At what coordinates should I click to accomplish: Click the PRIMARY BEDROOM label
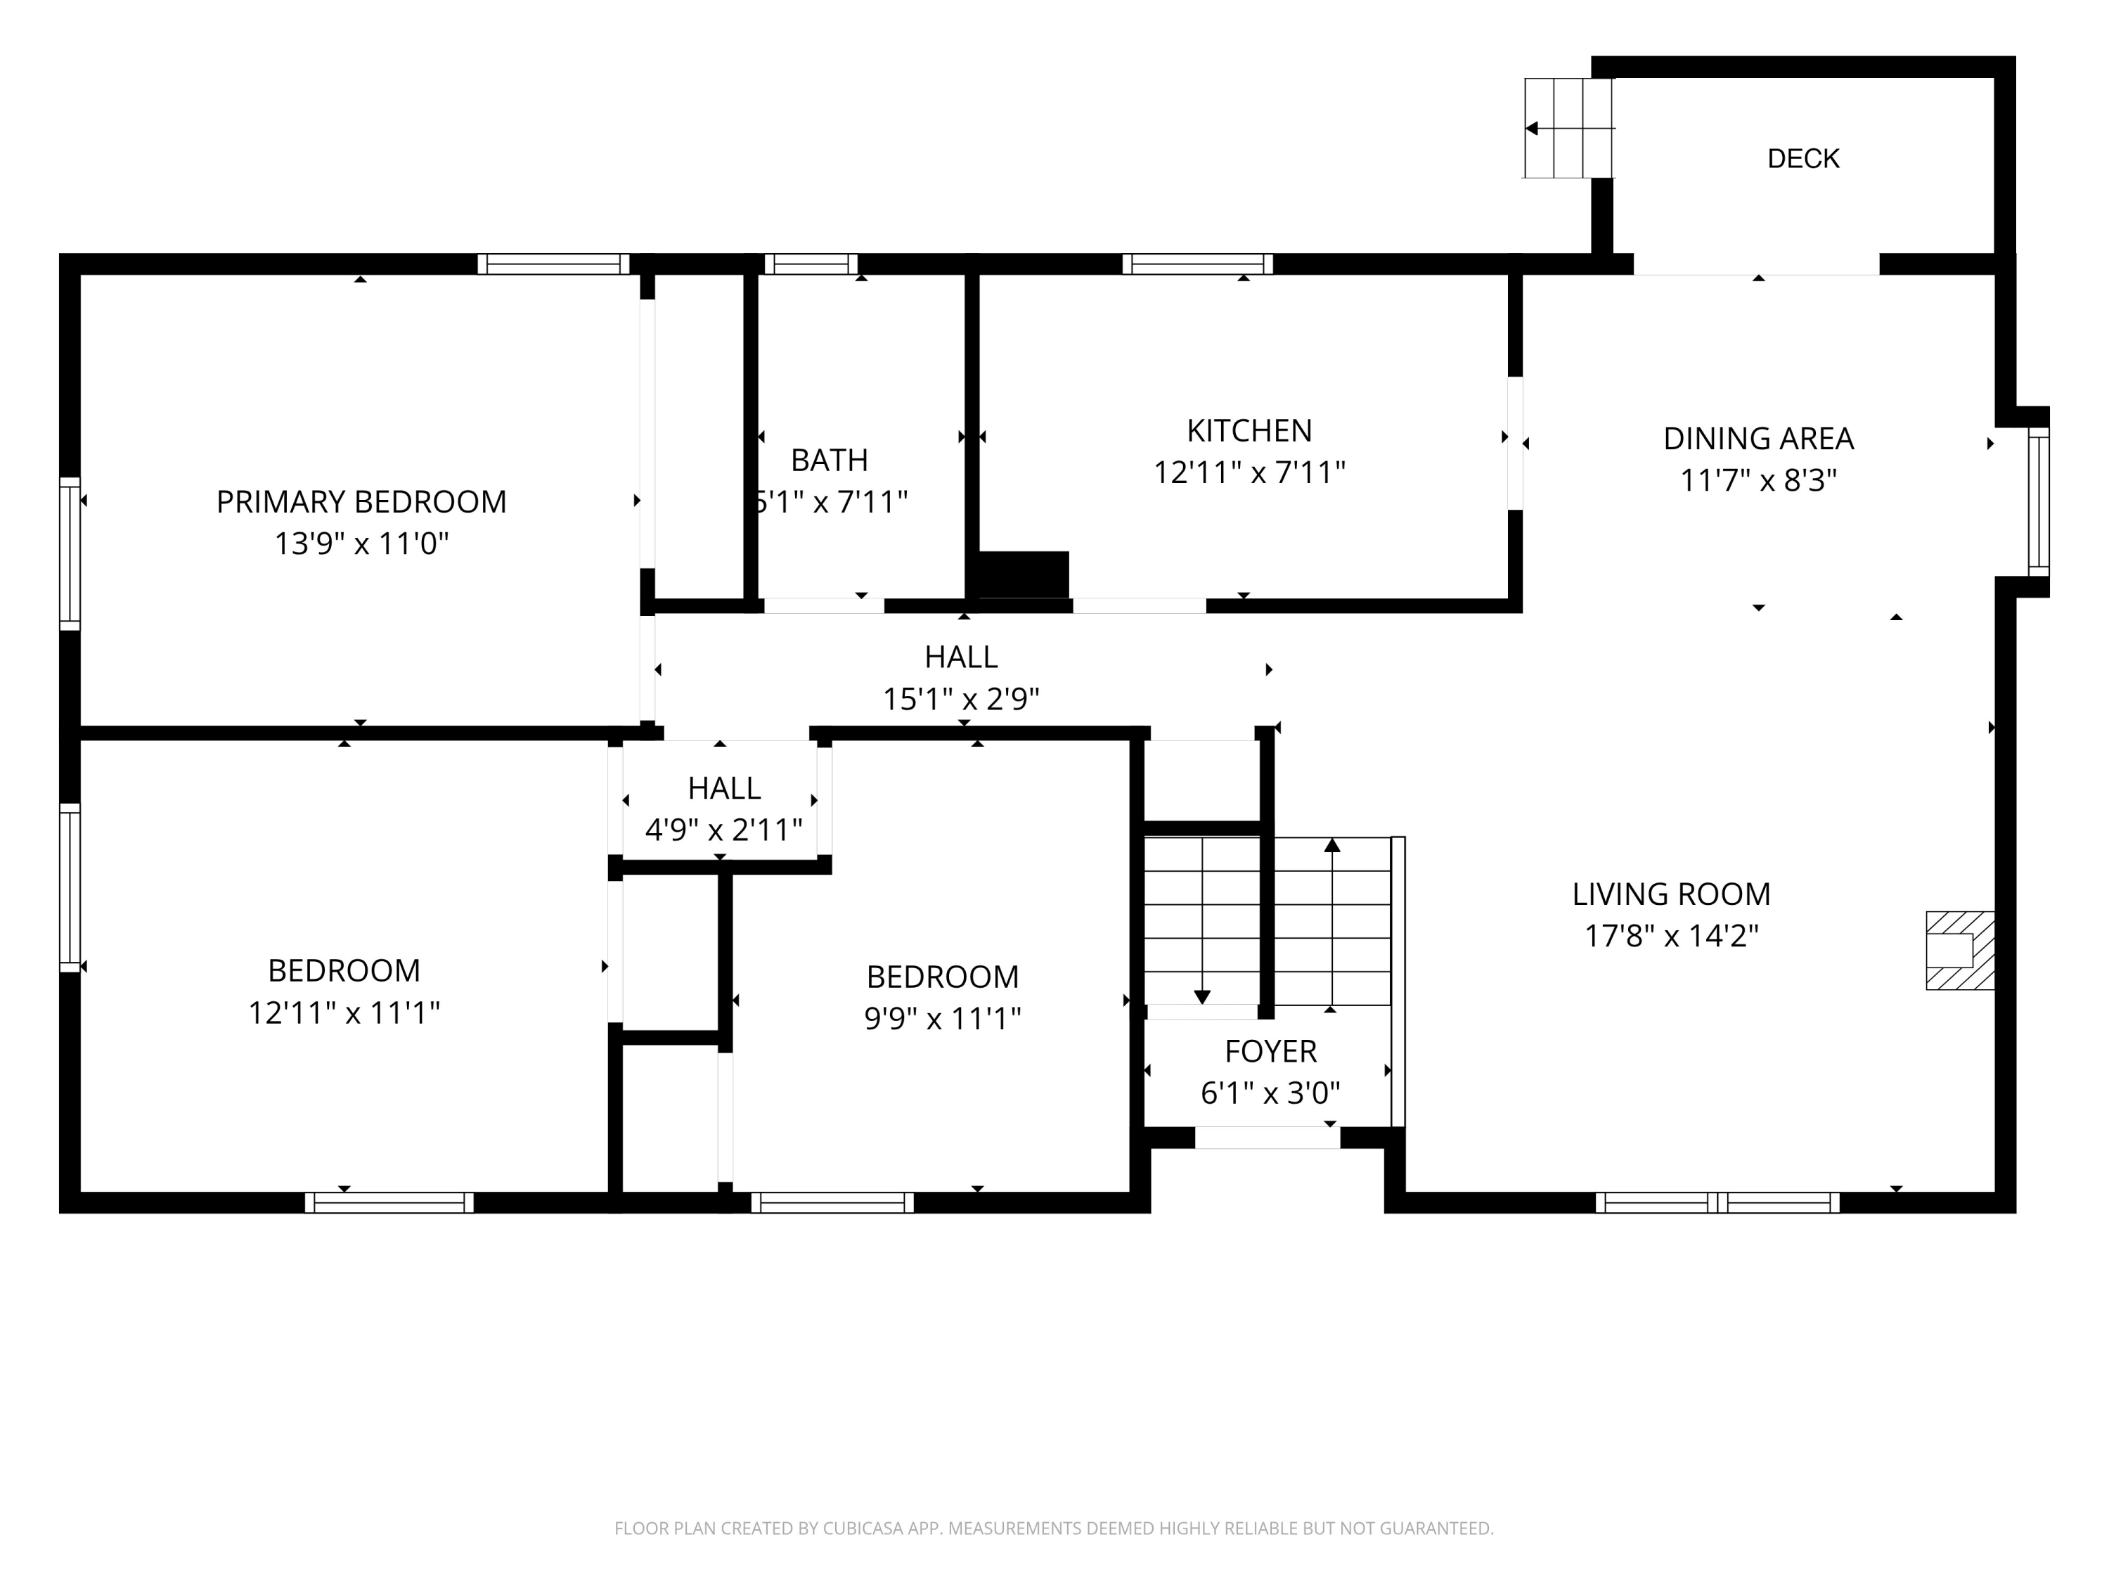pyautogui.click(x=361, y=501)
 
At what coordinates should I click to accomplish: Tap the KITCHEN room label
pyautogui.click(x=1249, y=431)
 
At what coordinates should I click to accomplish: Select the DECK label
pyautogui.click(x=1803, y=158)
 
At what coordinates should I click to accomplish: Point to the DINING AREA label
pyautogui.click(x=1758, y=439)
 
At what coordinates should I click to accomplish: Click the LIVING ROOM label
pyautogui.click(x=1671, y=894)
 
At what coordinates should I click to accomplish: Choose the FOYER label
pyautogui.click(x=1271, y=1051)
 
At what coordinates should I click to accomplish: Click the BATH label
pyautogui.click(x=830, y=461)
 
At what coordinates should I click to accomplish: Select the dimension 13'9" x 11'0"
pyautogui.click(x=361, y=544)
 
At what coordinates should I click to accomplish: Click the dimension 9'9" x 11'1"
pyautogui.click(x=942, y=1018)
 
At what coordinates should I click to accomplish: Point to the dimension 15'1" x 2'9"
pyautogui.click(x=961, y=699)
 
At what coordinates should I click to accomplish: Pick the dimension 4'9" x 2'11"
pyautogui.click(x=723, y=830)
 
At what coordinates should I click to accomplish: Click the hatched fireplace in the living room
pyautogui.click(x=1960, y=951)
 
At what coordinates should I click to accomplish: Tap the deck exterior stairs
pyautogui.click(x=1568, y=128)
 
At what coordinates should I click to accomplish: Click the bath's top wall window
pyautogui.click(x=811, y=264)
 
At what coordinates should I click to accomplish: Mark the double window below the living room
pyautogui.click(x=1718, y=1202)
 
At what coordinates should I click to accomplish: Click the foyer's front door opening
pyautogui.click(x=1267, y=1137)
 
